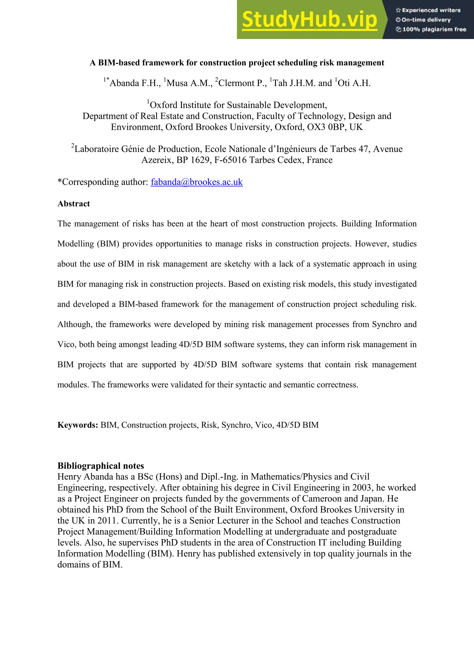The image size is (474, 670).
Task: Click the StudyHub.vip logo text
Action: (x=309, y=20)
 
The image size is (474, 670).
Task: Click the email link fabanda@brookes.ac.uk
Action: (x=196, y=182)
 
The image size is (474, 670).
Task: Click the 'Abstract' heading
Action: (x=74, y=204)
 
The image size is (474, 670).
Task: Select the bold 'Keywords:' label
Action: (x=78, y=425)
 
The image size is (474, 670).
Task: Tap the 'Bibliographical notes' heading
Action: (x=101, y=465)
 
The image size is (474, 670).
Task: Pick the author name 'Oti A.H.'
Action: (x=354, y=83)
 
